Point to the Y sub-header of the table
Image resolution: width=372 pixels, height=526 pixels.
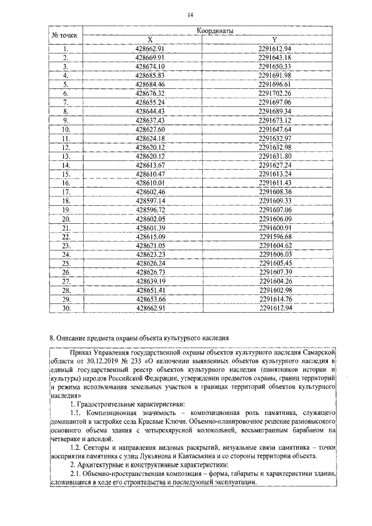pyautogui.click(x=275, y=39)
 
